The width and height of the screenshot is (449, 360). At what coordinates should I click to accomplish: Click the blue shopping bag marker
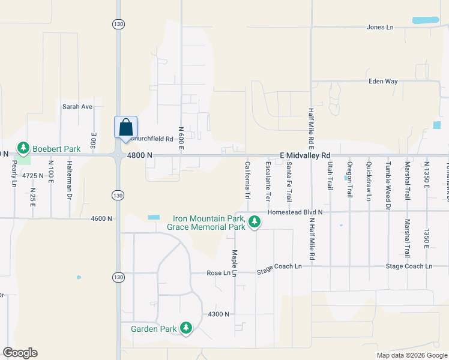click(x=125, y=128)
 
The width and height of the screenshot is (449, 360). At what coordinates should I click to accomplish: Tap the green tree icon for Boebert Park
click(x=23, y=148)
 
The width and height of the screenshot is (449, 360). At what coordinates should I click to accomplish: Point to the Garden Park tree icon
click(x=187, y=328)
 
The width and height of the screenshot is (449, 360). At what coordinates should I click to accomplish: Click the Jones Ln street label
click(x=380, y=28)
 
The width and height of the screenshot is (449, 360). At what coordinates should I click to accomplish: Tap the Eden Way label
click(x=383, y=81)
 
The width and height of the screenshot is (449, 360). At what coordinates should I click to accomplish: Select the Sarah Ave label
click(x=77, y=107)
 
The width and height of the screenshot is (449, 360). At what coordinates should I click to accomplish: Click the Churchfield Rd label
click(x=152, y=139)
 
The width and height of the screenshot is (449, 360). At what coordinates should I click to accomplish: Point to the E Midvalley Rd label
click(x=306, y=155)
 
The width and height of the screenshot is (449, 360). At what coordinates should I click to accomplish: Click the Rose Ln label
click(x=218, y=273)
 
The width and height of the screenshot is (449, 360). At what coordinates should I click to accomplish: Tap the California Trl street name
click(x=247, y=180)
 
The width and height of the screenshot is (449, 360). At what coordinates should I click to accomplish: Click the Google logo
click(x=20, y=353)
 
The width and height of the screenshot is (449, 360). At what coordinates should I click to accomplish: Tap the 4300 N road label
click(x=219, y=314)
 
